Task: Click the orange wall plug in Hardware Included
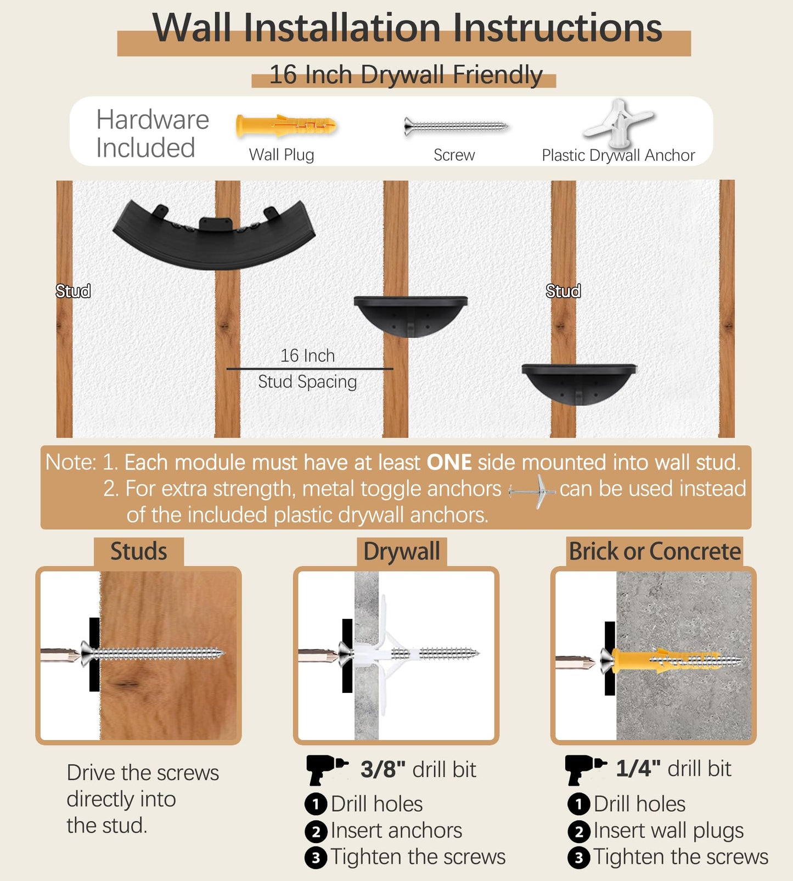(x=285, y=126)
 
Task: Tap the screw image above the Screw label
(x=455, y=126)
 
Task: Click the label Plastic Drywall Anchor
(x=618, y=155)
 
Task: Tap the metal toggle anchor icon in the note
(x=532, y=490)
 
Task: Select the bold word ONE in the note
(x=449, y=462)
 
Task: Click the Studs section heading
(x=139, y=551)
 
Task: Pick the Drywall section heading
(x=402, y=551)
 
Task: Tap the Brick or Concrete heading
(x=655, y=551)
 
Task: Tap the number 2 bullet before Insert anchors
(x=316, y=832)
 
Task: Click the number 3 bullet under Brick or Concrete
(x=579, y=857)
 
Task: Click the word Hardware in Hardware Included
(x=153, y=120)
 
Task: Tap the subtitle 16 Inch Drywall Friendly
(x=406, y=75)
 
